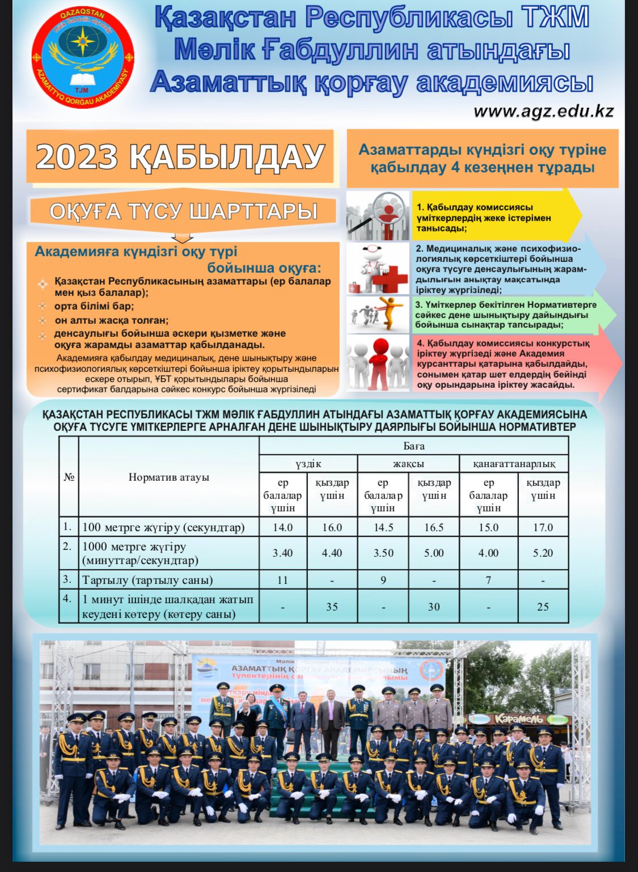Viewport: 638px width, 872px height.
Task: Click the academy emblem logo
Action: [83, 59]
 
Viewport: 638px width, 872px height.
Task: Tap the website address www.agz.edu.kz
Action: [543, 111]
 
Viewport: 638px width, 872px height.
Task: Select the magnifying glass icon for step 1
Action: [378, 216]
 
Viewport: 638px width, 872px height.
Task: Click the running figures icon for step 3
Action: [378, 314]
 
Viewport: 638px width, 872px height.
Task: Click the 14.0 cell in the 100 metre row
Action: [282, 527]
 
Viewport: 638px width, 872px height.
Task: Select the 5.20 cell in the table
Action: [543, 553]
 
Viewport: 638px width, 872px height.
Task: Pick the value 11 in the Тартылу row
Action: [282, 580]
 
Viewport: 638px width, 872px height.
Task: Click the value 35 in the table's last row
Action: [332, 607]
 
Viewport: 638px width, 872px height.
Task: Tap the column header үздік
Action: [308, 464]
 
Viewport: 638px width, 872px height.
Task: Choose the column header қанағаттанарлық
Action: [514, 464]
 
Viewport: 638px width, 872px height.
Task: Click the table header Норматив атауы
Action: [168, 477]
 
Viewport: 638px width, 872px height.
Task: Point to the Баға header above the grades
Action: [413, 446]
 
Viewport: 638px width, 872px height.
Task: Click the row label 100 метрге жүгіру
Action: [163, 527]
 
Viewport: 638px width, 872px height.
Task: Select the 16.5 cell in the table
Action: [434, 527]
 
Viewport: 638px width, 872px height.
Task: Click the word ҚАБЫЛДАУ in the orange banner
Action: [227, 156]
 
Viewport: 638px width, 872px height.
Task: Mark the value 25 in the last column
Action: [543, 607]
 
